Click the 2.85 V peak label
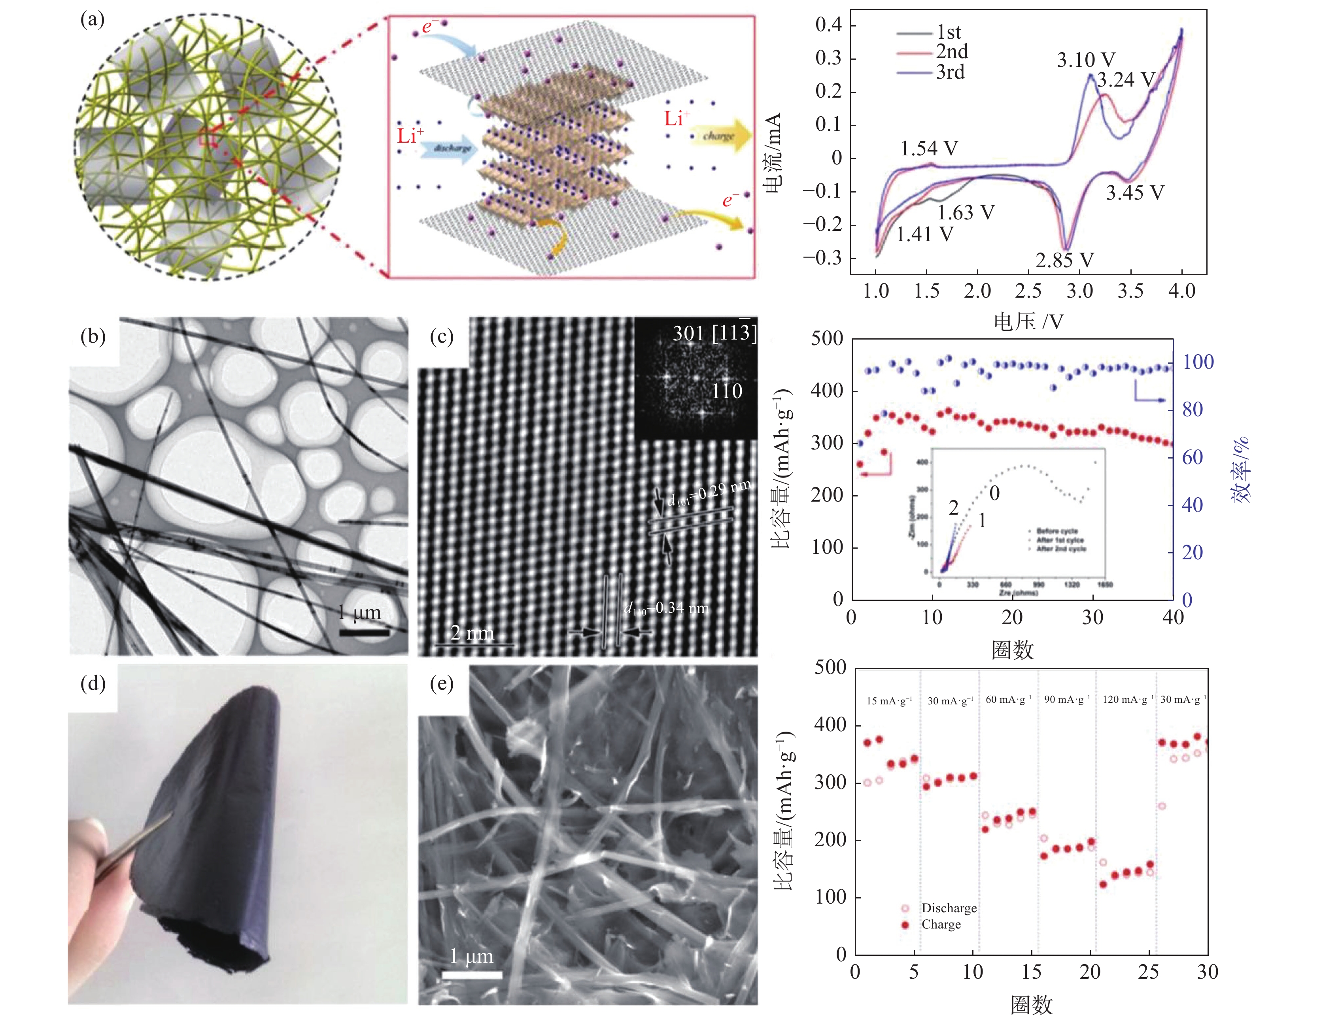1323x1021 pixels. click(1064, 260)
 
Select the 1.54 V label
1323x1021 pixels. click(929, 148)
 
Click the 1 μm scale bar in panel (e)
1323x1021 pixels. click(472, 974)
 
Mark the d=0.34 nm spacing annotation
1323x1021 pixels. click(666, 608)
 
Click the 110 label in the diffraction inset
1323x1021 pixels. click(726, 391)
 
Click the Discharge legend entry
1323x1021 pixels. click(949, 908)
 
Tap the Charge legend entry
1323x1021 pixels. click(941, 924)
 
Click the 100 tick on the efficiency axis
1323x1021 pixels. click(1198, 362)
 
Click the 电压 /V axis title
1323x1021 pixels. click(1028, 321)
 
